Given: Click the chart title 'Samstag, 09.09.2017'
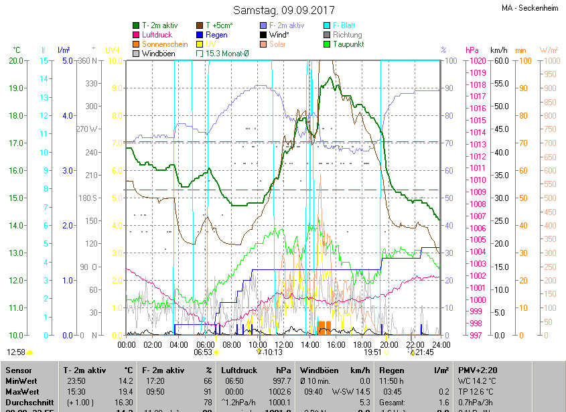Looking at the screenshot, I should point(283,10).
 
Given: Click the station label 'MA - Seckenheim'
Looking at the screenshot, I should point(531,9).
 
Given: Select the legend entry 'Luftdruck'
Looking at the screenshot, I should point(156,35).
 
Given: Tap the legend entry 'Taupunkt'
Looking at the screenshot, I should point(349,44).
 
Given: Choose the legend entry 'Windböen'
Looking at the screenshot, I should point(159,54).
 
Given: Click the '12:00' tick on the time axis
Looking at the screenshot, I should point(283,344).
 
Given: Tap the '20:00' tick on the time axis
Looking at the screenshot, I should point(388,344).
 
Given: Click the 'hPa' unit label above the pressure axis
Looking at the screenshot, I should point(472,50).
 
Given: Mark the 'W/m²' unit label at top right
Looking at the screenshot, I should point(549,50).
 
